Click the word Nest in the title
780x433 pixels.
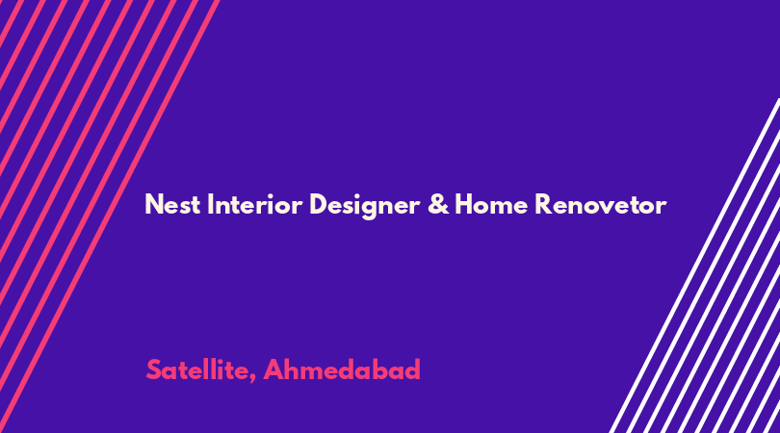tap(172, 204)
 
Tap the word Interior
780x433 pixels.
tap(254, 204)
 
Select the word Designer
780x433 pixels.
tap(364, 206)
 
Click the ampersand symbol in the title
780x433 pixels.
tap(438, 204)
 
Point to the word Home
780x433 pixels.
tap(491, 204)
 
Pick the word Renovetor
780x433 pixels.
tap(601, 204)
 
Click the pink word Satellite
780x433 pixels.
tap(198, 369)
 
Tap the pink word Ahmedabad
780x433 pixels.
tap(342, 369)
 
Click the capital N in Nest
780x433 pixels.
tap(154, 204)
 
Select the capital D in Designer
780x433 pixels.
tap(319, 204)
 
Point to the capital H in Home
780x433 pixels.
tap(464, 204)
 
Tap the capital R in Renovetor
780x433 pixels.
tap(543, 204)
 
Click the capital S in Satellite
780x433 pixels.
tap(154, 369)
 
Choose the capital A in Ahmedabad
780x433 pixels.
tap(273, 369)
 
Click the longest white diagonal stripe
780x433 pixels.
tap(695, 266)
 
